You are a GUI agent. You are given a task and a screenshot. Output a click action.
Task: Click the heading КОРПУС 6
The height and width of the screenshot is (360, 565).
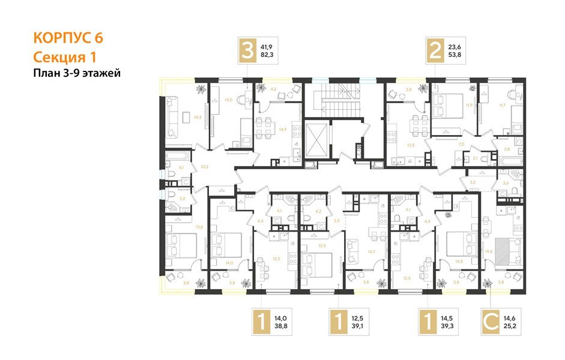coord(68,38)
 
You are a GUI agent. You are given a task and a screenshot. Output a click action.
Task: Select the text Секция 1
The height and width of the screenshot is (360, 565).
coord(64,57)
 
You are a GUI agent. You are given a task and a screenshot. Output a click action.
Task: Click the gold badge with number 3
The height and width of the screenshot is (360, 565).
coord(247,50)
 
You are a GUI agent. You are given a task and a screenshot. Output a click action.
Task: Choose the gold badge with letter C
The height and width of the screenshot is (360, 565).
coord(491,322)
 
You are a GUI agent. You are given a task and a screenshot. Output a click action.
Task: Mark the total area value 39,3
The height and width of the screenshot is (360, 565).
coord(448,327)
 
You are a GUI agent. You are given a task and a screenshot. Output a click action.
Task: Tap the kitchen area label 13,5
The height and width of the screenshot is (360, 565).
coord(394,145)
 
